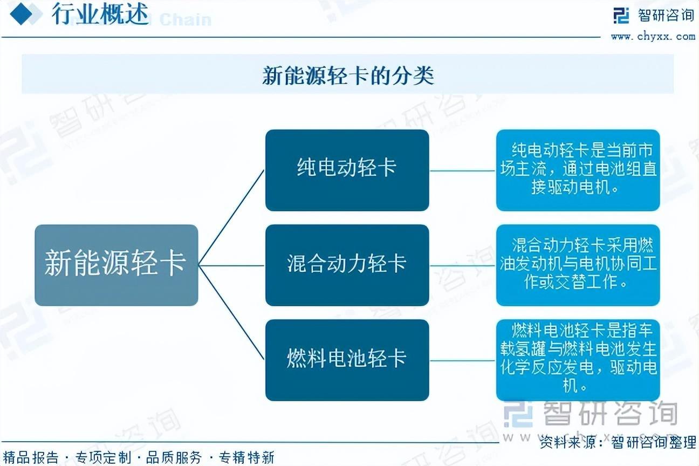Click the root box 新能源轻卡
pos(116,265)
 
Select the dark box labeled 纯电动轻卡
pos(347,170)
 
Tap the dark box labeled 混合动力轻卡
pos(347,265)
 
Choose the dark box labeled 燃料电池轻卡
pos(347,360)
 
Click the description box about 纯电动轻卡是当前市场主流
pos(578,170)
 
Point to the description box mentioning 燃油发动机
pos(578,265)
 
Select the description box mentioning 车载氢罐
pos(578,360)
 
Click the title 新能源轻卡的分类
pos(348,75)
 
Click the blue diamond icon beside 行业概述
pos(21,14)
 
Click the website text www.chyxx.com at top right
pos(653,37)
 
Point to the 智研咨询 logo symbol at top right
pos(621,15)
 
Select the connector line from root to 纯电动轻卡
pos(231,217)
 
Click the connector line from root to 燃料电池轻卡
pos(231,312)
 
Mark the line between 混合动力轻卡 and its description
pos(462,265)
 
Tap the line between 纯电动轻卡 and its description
pos(462,171)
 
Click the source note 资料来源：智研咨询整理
pos(618,442)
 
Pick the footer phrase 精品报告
pos(31,457)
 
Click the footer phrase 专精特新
pos(246,457)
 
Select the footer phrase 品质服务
pos(174,457)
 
